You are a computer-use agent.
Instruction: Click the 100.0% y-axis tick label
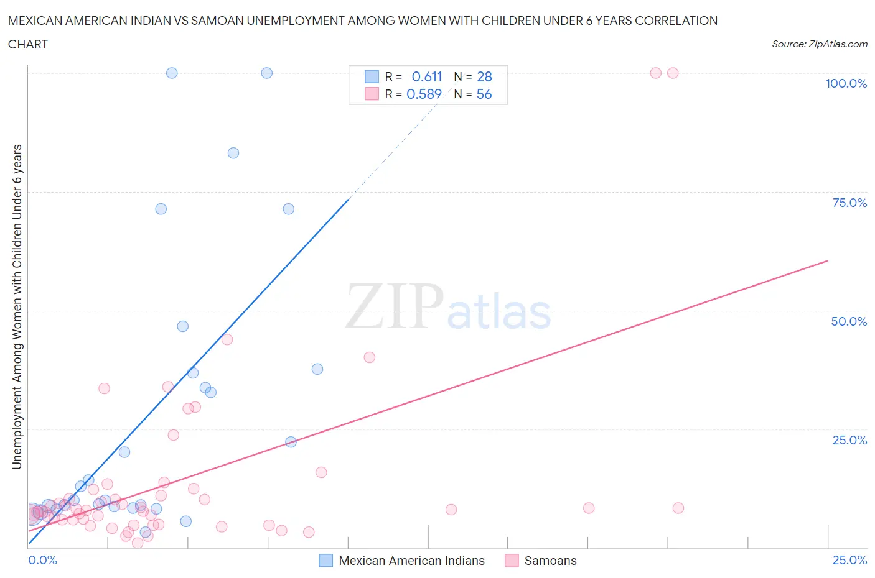846,83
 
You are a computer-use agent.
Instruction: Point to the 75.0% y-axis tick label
849,203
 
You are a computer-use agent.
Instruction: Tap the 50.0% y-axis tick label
849,321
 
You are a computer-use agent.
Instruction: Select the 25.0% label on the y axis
849,440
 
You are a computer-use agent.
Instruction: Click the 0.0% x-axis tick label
42,560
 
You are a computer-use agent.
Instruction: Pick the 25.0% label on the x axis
849,560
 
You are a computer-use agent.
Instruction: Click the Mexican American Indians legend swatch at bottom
325,561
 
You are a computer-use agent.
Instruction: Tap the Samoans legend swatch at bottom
512,561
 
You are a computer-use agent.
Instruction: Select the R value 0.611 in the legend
427,76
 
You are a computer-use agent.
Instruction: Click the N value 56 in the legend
484,94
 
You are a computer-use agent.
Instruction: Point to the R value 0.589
424,94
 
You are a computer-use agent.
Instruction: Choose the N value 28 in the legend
484,76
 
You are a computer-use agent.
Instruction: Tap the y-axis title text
17,306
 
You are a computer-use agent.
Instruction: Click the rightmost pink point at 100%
673,73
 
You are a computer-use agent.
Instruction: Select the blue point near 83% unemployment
233,153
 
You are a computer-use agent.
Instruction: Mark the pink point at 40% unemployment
370,357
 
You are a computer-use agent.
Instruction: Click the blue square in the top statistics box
372,76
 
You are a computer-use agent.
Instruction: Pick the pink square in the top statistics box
372,94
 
